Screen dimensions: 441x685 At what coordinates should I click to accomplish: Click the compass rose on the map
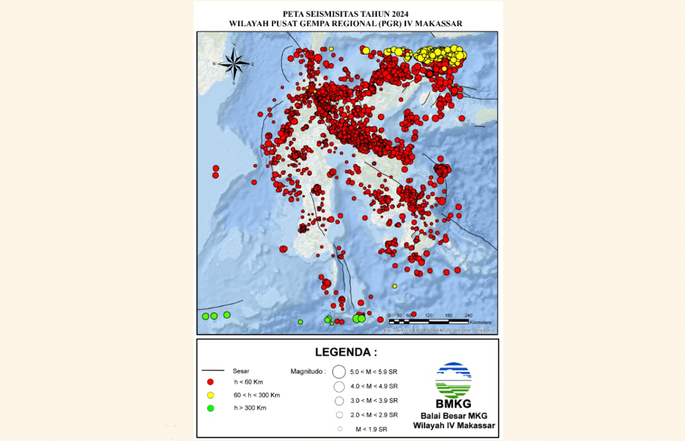pyautogui.click(x=233, y=64)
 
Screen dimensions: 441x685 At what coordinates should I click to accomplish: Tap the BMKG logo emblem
pyautogui.click(x=454, y=380)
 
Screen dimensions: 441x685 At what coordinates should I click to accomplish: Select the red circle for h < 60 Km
pyautogui.click(x=210, y=382)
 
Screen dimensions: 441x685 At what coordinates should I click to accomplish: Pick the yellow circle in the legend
pyautogui.click(x=210, y=395)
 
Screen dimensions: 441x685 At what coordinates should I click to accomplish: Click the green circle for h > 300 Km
pyautogui.click(x=210, y=408)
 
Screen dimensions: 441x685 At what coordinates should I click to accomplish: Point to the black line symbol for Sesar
pyautogui.click(x=213, y=370)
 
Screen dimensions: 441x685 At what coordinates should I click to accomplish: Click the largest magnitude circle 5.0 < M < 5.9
pyautogui.click(x=339, y=371)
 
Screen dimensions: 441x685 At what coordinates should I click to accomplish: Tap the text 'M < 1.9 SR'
pyautogui.click(x=371, y=429)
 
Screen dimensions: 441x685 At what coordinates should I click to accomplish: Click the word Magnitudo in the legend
pyautogui.click(x=308, y=371)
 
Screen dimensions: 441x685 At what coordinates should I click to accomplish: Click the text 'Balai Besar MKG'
pyautogui.click(x=454, y=415)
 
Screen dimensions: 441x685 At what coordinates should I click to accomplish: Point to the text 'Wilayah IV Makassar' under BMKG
pyautogui.click(x=454, y=426)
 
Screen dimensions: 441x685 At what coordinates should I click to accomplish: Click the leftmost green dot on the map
pyautogui.click(x=205, y=316)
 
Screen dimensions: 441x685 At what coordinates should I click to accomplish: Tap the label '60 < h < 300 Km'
pyautogui.click(x=256, y=395)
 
